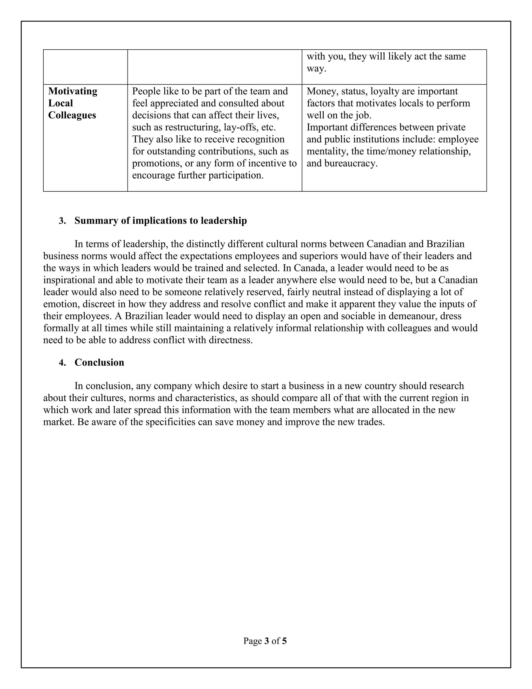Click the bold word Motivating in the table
coord(72,91)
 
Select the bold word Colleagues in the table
coord(72,115)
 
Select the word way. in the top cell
coord(316,68)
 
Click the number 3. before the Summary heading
coord(62,220)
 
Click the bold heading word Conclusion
coord(99,362)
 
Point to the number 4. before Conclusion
coord(62,362)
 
